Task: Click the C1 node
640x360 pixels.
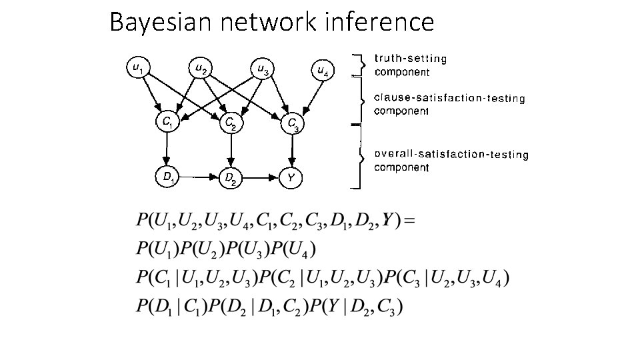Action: pos(167,122)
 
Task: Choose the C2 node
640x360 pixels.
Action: pos(229,123)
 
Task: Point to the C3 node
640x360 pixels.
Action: pos(292,124)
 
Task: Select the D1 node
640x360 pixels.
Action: pos(168,177)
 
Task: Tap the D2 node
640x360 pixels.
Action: pos(229,178)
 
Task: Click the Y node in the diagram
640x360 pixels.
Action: pos(291,178)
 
